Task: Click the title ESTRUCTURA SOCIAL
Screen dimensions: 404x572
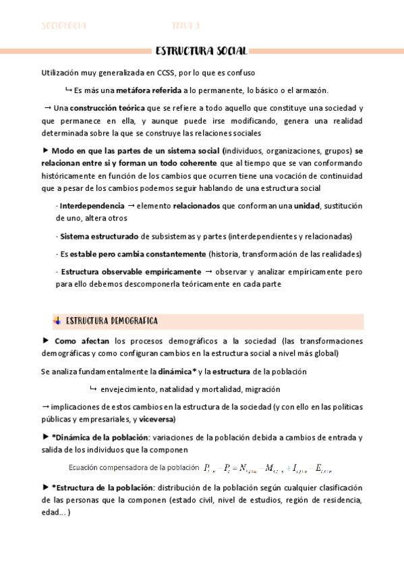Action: [x=202, y=51]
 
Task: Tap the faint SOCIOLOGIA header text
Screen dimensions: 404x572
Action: [x=64, y=26]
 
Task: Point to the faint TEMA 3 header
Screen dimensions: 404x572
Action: [x=185, y=26]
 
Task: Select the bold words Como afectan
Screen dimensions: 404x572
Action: [x=82, y=341]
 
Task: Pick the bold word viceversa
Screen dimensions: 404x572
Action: [x=154, y=419]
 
